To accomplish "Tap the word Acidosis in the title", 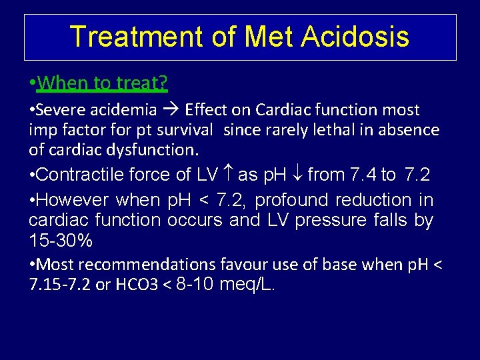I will click(355, 37).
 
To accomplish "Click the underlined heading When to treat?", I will click(103, 83).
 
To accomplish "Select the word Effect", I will click(207, 109).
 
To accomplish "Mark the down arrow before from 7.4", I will click(297, 175).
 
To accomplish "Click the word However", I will click(75, 200).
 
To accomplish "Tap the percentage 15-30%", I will click(61, 239).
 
